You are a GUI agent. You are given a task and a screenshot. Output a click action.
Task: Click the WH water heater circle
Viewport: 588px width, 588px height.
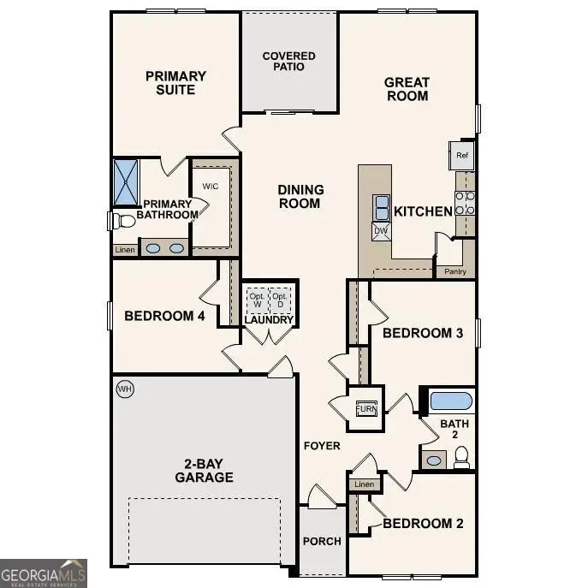(125, 389)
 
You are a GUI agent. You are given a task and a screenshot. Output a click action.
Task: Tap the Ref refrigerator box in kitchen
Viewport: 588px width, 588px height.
(462, 156)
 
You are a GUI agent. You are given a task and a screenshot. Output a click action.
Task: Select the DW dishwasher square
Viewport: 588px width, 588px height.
(380, 230)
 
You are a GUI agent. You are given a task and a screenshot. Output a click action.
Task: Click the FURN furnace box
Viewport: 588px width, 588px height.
(365, 407)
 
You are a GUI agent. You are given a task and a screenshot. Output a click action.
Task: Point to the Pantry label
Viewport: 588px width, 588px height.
(454, 271)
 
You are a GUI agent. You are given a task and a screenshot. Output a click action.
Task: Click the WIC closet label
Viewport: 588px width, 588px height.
(211, 185)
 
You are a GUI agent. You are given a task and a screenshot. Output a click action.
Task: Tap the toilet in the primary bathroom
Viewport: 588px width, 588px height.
(124, 221)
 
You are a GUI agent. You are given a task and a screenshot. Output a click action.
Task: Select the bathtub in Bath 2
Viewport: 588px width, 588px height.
(450, 401)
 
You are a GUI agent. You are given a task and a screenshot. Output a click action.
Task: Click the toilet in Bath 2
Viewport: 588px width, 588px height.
(462, 460)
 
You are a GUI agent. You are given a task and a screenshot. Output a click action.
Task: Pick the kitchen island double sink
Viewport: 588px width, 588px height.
(380, 205)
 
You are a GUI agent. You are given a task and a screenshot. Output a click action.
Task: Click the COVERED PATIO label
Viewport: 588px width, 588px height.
(288, 62)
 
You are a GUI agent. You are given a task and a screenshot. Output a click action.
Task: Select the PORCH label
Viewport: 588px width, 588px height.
(322, 541)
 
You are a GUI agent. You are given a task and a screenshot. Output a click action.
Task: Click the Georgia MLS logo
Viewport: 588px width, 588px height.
(43, 573)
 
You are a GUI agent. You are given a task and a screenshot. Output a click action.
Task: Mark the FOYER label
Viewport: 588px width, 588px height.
(322, 446)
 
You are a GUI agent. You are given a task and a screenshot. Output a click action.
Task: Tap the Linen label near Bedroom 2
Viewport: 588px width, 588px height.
(364, 484)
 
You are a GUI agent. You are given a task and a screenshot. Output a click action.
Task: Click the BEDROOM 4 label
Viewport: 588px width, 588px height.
(165, 316)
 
